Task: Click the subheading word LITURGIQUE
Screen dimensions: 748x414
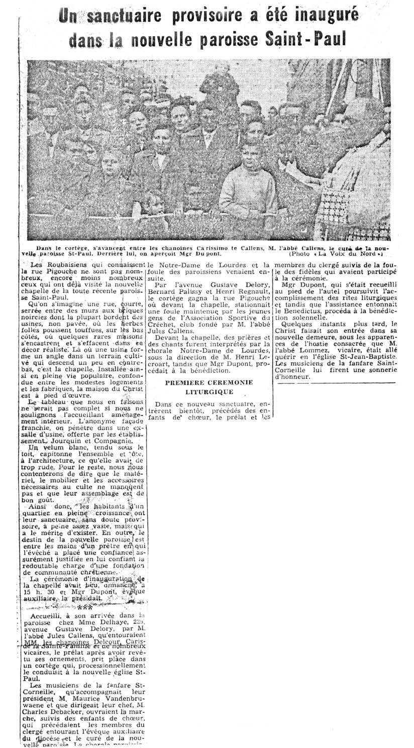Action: click(210, 391)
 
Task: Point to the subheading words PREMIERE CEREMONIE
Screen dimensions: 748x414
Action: click(210, 382)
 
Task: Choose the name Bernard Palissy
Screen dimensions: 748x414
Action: click(173, 292)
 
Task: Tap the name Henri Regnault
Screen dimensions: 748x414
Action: click(231, 292)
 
